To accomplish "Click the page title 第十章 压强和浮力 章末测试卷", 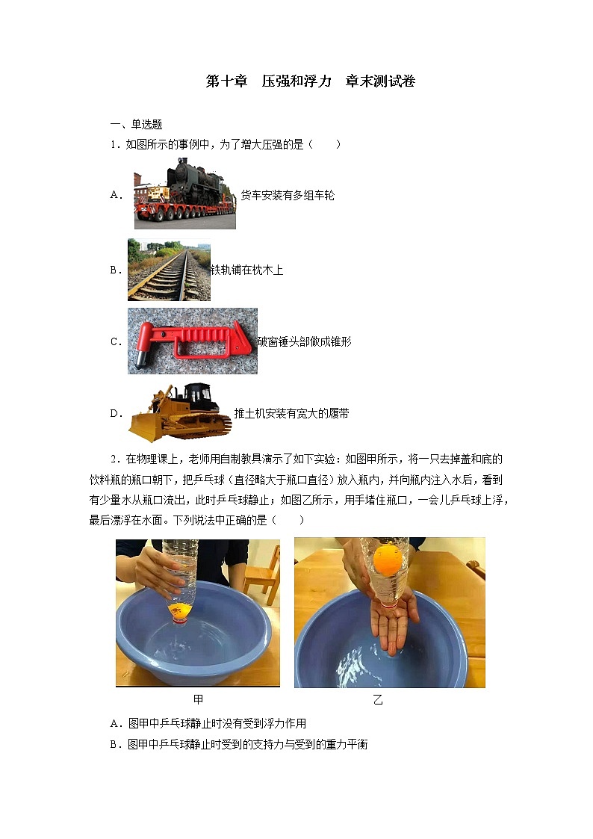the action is [310, 81].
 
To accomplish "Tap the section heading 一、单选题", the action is [137, 125].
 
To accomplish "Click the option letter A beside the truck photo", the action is [116, 195].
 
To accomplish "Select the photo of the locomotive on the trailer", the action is [185, 194].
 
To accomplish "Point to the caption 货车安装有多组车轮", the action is [288, 195].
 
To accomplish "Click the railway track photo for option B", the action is [169, 270].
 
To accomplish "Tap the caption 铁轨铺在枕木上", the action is [246, 270].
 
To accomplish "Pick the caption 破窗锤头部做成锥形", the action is [304, 341].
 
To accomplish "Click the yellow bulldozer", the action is [180, 412].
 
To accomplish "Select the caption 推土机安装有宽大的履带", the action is [291, 413].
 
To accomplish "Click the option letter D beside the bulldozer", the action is [116, 414].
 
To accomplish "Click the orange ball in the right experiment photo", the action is [388, 559].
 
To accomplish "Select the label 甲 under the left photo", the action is [198, 699].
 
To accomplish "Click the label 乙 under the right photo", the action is [378, 699].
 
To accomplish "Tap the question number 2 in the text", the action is [114, 459].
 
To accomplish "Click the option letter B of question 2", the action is [114, 744].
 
